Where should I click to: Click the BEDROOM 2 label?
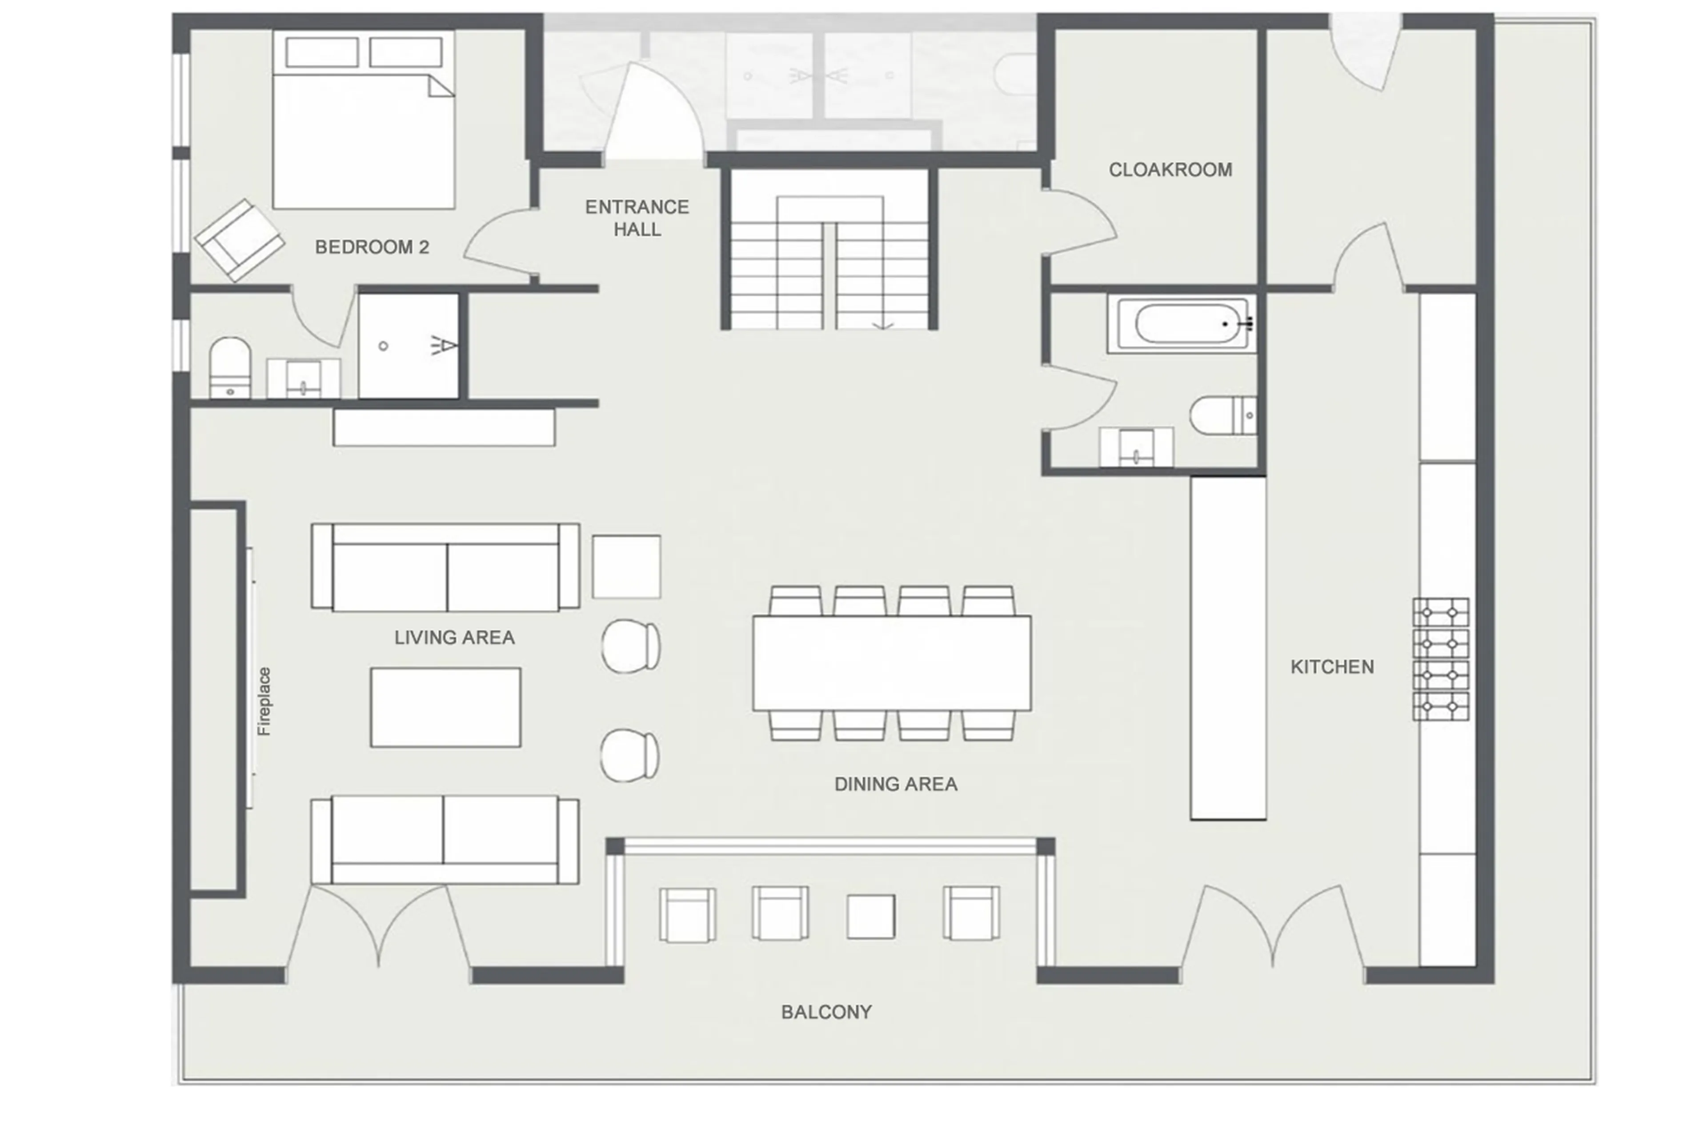372,247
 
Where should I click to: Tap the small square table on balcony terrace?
870,917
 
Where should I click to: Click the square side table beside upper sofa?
625,567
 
